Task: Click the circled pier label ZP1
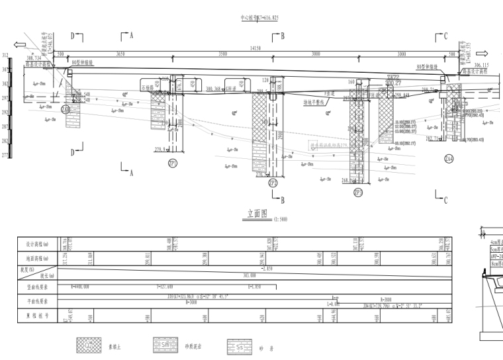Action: click(x=173, y=163)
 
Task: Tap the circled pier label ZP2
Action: click(x=273, y=183)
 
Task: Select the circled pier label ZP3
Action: click(x=358, y=193)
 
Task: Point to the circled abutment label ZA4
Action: click(x=450, y=159)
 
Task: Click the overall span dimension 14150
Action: click(x=255, y=48)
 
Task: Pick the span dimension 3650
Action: click(x=120, y=54)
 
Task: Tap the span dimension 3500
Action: click(x=223, y=54)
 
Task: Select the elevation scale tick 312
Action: click(x=5, y=56)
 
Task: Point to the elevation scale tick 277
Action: click(x=5, y=156)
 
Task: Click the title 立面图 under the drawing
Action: click(x=256, y=214)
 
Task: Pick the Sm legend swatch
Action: click(x=163, y=344)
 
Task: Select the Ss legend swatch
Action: click(x=238, y=344)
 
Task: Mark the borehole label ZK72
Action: click(x=394, y=77)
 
